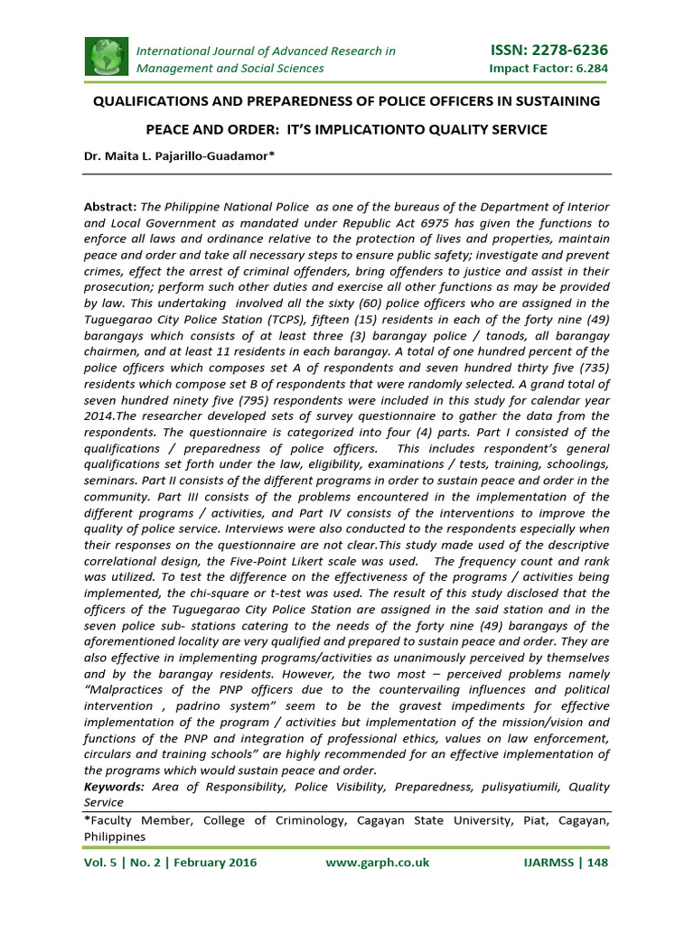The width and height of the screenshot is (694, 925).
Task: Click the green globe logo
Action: tap(108, 57)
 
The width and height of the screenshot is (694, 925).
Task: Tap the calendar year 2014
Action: tap(102, 416)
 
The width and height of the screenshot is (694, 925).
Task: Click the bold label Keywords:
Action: tap(115, 787)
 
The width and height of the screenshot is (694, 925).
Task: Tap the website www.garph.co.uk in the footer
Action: tap(377, 863)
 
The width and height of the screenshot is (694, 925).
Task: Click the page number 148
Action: tap(597, 863)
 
